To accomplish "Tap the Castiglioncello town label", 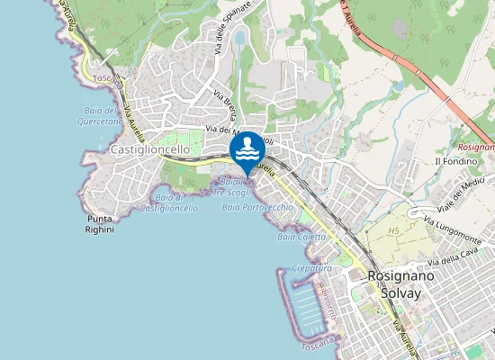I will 150,149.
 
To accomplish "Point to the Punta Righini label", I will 101,224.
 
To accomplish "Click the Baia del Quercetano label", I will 100,115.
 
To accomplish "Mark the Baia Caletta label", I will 301,237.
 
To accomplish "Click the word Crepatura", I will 311,268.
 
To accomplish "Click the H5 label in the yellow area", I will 392,231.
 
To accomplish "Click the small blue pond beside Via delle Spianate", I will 239,39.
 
